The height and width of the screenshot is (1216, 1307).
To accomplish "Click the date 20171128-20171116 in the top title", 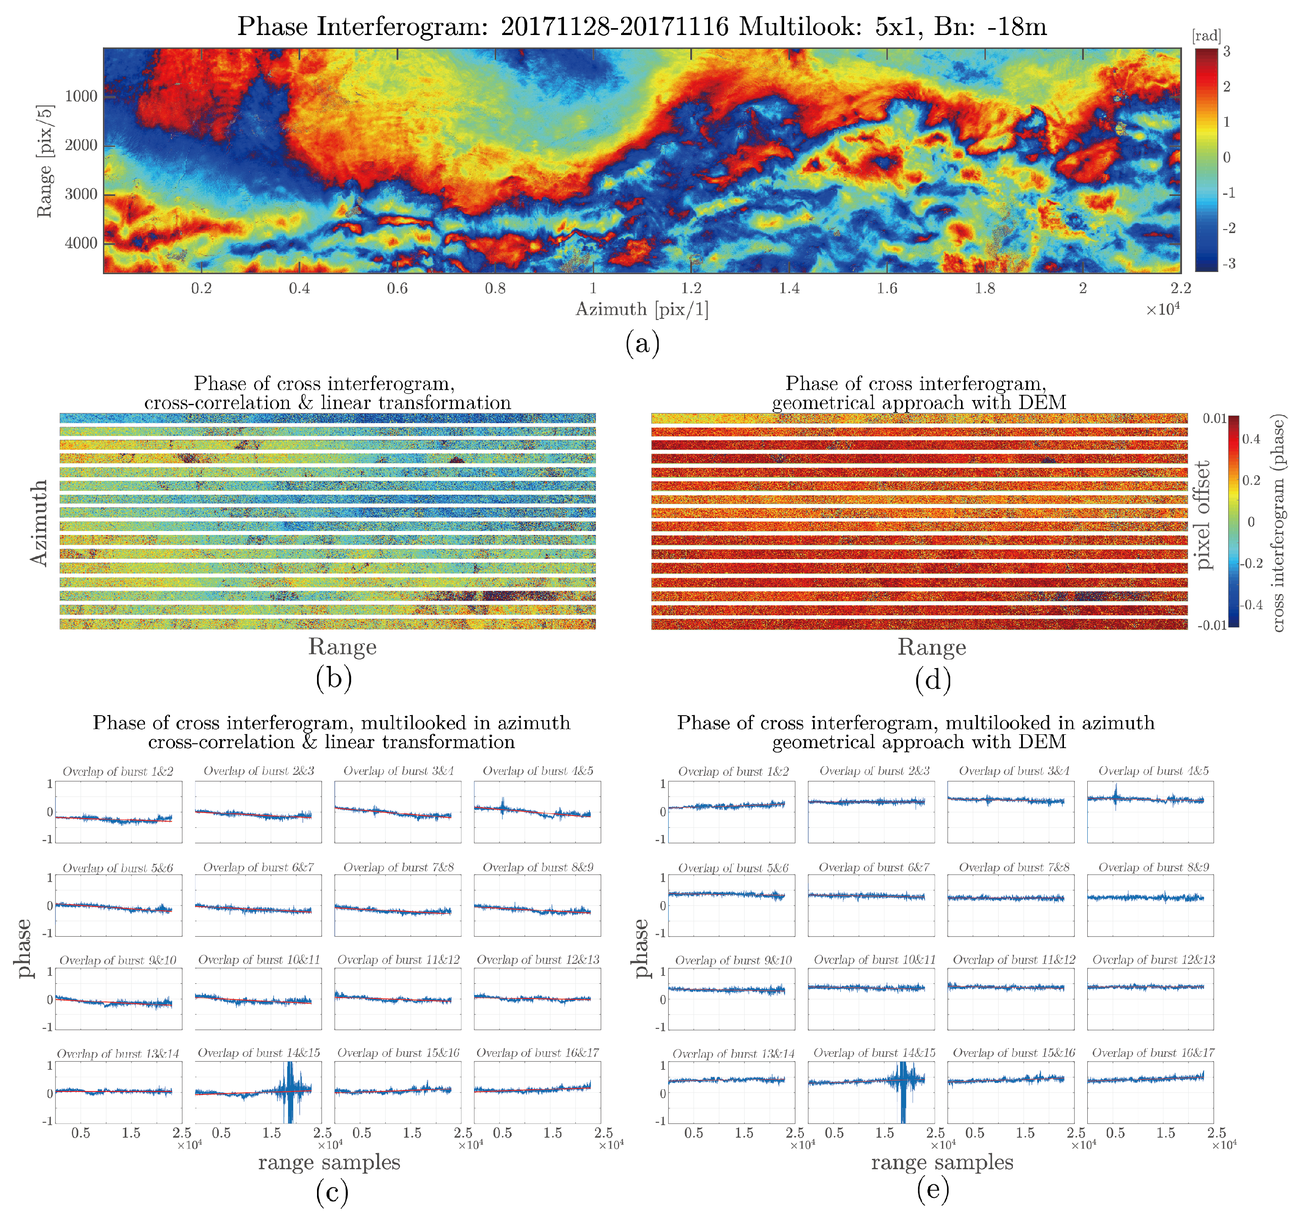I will click(614, 27).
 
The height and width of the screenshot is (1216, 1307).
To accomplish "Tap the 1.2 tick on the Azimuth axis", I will click(691, 288).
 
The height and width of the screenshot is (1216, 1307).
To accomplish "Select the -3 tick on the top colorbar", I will click(1228, 264).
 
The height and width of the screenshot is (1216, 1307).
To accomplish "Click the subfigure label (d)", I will click(932, 680).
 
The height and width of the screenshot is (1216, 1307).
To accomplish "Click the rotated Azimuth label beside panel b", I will click(39, 522).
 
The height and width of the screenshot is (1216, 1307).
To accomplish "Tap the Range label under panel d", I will click(932, 647).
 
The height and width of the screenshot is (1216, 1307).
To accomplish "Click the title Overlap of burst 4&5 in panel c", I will click(538, 771).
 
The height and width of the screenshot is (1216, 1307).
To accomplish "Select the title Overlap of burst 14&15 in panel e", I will click(874, 1053).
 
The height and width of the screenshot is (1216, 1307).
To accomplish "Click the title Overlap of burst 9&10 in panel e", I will click(733, 960).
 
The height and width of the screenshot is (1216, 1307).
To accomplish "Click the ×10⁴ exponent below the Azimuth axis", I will click(1163, 310).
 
